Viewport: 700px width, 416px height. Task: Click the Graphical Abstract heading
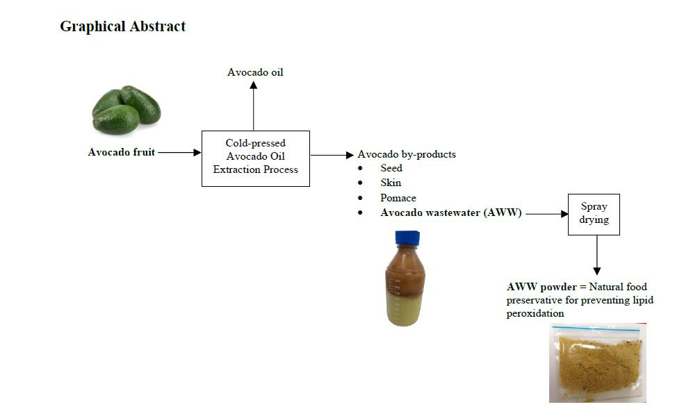(x=122, y=27)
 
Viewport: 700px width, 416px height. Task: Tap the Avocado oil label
(x=255, y=72)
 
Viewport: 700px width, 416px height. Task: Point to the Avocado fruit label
(x=122, y=152)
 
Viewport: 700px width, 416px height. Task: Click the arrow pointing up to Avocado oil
(x=254, y=104)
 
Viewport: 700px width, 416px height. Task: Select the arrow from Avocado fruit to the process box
(x=179, y=152)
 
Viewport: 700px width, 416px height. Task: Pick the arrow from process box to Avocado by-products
(x=332, y=154)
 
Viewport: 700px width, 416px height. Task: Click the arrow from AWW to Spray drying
(x=546, y=214)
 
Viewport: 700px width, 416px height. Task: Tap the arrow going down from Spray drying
(x=596, y=255)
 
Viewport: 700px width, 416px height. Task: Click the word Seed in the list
(x=391, y=168)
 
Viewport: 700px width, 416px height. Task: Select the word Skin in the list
(x=391, y=183)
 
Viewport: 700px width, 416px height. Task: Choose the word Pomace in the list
(x=398, y=198)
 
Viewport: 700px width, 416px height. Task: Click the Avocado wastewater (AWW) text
(x=450, y=213)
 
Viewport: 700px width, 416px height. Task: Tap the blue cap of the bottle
(x=405, y=238)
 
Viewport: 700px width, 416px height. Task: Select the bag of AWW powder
(x=596, y=363)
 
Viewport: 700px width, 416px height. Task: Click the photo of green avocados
(x=126, y=110)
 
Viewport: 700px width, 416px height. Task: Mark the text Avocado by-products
(x=406, y=154)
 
